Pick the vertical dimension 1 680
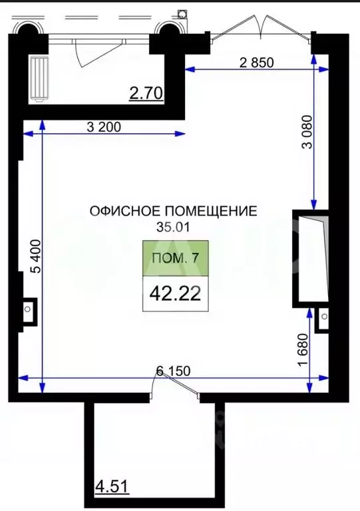point(303,349)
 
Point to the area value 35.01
point(173,226)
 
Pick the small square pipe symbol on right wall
point(324,319)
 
